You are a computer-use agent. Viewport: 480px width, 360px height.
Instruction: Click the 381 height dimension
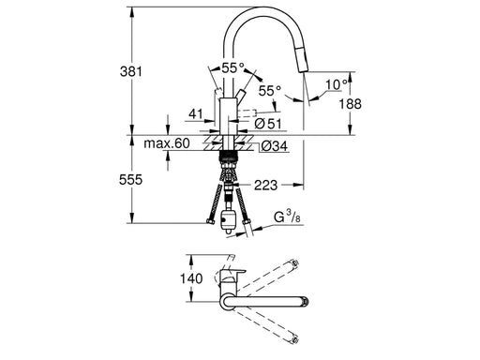pos(131,71)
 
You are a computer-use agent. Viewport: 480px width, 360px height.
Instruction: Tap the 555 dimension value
pos(130,180)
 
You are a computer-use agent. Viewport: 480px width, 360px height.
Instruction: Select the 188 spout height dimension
pos(351,104)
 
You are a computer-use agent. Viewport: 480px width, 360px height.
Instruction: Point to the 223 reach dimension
pos(265,185)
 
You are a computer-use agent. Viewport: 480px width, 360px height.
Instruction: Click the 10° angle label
pos(337,84)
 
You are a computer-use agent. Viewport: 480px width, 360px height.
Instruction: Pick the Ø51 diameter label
pos(268,124)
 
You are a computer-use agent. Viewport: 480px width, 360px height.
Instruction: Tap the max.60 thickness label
pos(167,143)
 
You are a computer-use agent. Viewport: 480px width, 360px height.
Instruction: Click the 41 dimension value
pos(196,114)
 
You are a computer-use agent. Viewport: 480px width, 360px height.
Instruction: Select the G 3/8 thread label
pos(287,217)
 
